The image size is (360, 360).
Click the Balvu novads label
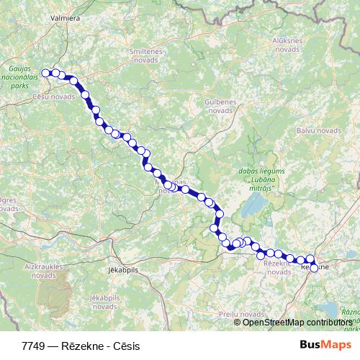coord(318,130)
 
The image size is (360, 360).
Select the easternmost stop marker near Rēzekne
coord(314,268)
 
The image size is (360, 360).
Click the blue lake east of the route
coord(253,208)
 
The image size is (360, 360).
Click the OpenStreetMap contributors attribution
coord(297,322)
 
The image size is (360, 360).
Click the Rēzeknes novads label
coord(273,268)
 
